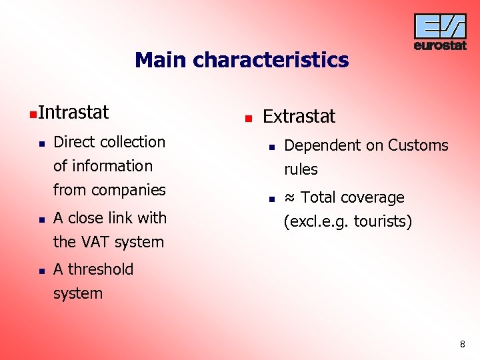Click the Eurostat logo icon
[440, 27]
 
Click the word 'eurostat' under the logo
[440, 46]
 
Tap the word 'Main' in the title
[161, 61]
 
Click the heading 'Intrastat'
[73, 113]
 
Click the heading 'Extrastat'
[299, 117]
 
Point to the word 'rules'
[301, 169]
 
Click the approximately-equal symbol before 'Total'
[290, 198]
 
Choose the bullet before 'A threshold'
[41, 271]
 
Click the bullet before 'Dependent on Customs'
[271, 147]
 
